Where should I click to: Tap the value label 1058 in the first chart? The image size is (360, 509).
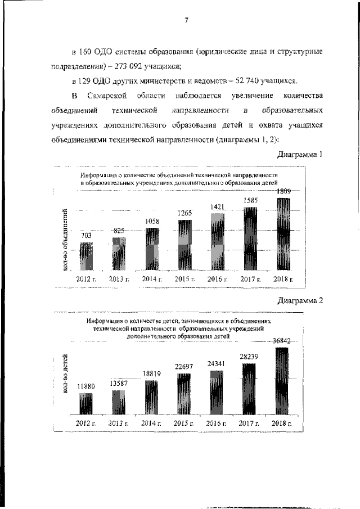click(x=152, y=222)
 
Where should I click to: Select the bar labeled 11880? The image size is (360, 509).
click(x=86, y=404)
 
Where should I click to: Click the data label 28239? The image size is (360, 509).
click(x=250, y=356)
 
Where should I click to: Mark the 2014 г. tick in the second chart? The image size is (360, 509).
click(x=151, y=423)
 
